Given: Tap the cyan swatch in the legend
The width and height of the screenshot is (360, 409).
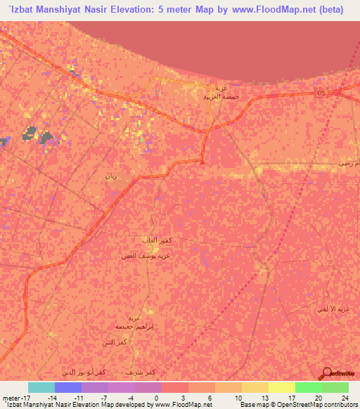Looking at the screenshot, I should click(41, 387).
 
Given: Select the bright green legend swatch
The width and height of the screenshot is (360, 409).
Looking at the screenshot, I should click(309, 387).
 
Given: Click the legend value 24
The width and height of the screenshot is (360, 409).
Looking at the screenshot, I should click(344, 397).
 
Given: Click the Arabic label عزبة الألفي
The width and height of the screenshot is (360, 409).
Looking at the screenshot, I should click(344, 310).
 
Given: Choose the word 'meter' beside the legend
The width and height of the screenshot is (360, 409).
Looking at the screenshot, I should click(10, 397).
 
